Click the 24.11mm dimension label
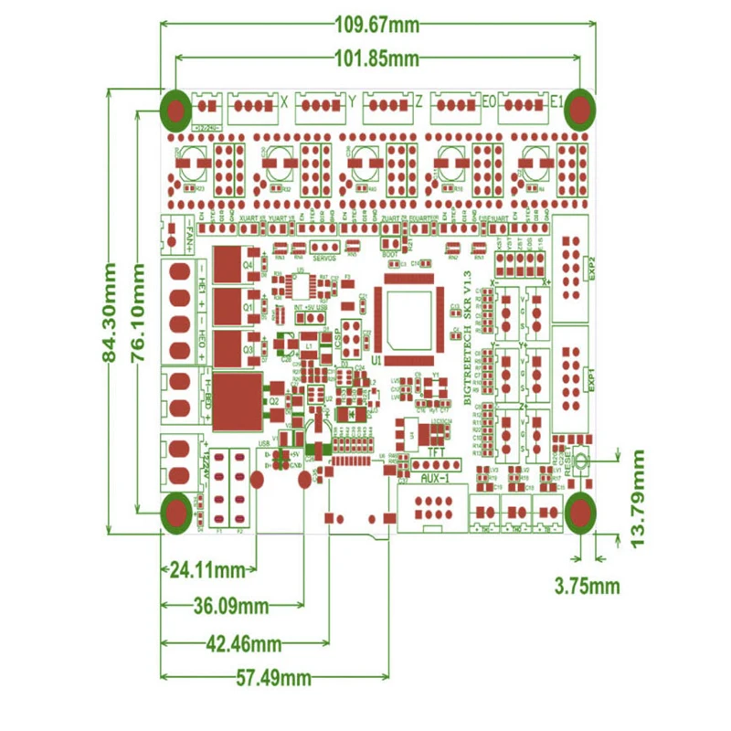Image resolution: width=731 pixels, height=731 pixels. [208, 571]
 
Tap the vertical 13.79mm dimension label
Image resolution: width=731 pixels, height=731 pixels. [638, 498]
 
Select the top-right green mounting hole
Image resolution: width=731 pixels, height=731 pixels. [578, 111]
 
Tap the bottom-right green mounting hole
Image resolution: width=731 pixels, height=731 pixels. [578, 513]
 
